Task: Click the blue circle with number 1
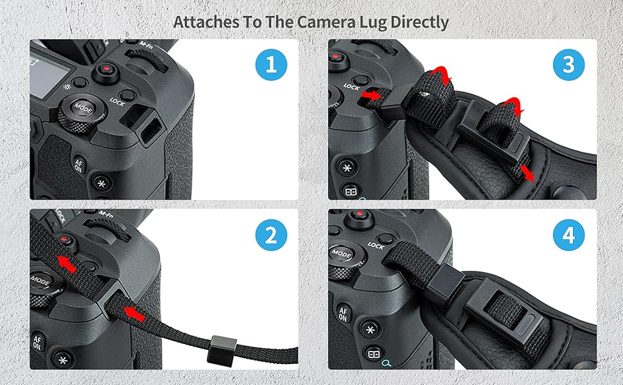click(271, 65)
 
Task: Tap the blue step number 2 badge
click(271, 236)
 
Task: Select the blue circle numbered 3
click(569, 65)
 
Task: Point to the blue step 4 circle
click(569, 236)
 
